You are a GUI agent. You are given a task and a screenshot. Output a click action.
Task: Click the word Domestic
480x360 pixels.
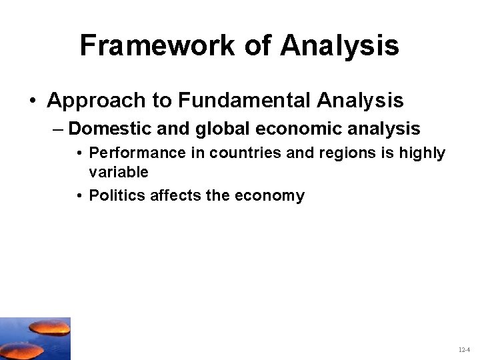106,129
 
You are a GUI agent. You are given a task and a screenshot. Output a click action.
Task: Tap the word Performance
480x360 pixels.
129,153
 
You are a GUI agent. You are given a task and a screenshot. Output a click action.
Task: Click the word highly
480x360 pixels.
422,153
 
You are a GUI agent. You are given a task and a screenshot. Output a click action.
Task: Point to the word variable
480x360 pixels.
119,173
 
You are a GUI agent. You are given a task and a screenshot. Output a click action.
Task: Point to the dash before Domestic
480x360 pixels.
57,129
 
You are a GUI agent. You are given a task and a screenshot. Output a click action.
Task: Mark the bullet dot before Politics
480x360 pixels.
79,196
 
